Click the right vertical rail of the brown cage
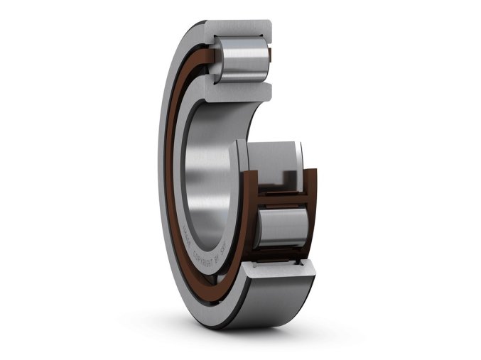coord(313,213)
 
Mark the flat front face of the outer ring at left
coord(165,178)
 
